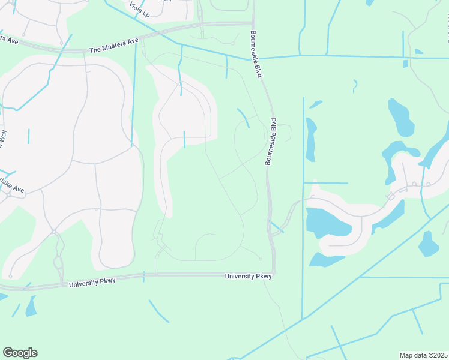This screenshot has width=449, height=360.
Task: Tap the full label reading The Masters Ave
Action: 114,45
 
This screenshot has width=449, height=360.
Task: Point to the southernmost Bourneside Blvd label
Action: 271,142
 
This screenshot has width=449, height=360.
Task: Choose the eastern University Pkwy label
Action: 248,276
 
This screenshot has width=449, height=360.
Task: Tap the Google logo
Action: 20,353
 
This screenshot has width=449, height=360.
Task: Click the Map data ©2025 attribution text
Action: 423,355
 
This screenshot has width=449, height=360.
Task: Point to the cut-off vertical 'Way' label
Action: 3,138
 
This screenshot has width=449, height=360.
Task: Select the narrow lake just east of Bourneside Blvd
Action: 310,139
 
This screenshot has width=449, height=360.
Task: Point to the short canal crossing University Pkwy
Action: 144,277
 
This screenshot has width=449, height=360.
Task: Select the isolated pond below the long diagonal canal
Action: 429,243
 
